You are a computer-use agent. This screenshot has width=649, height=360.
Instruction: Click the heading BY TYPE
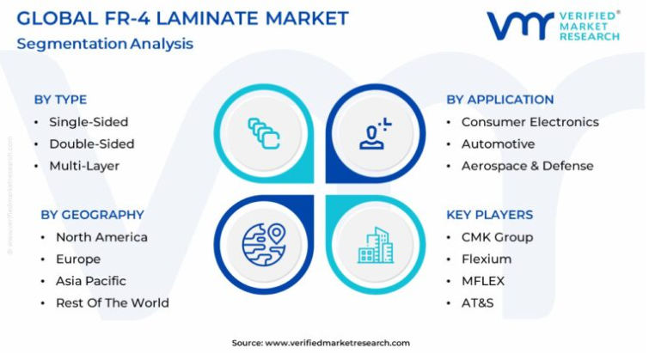click(60, 100)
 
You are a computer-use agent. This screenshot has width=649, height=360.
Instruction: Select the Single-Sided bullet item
click(89, 122)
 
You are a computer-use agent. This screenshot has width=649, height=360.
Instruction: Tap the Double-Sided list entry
click(91, 144)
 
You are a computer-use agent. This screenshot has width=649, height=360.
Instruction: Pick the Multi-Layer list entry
click(84, 166)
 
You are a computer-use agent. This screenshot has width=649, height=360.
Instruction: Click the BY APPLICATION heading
click(500, 100)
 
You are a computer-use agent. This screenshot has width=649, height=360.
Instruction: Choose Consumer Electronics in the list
click(530, 122)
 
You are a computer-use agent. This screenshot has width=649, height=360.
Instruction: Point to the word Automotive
click(498, 144)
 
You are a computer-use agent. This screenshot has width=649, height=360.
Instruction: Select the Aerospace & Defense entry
click(527, 166)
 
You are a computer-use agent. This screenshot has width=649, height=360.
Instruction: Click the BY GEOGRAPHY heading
click(92, 215)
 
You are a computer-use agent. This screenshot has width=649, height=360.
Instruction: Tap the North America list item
click(101, 237)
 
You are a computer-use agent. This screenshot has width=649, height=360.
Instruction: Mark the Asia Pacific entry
click(91, 281)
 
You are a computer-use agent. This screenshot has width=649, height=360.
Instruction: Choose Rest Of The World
click(113, 303)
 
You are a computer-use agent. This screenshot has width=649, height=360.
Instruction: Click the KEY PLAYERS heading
click(490, 215)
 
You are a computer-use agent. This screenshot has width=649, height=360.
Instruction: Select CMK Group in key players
click(497, 237)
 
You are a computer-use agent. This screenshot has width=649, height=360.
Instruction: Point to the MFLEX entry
click(483, 281)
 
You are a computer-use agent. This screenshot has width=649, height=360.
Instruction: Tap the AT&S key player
click(478, 303)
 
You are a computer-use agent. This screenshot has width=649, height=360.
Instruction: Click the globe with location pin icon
click(264, 245)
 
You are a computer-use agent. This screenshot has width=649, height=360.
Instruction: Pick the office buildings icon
click(376, 245)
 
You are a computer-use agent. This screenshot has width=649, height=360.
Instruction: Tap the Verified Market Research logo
click(554, 26)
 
